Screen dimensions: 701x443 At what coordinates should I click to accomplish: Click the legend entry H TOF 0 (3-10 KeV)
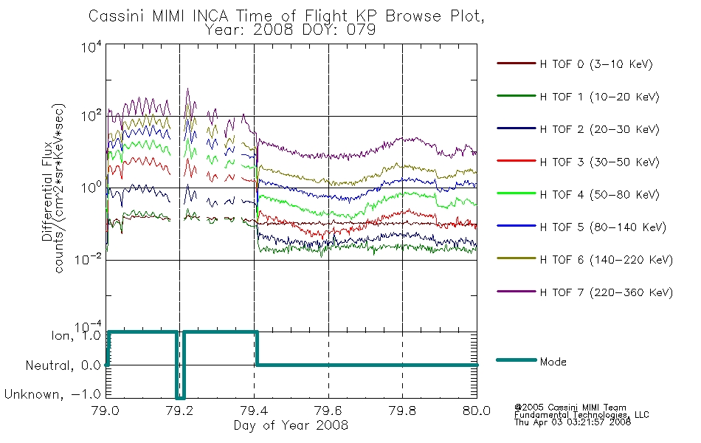(x=596, y=64)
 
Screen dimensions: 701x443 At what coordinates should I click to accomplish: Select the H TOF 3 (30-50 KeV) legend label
(x=599, y=162)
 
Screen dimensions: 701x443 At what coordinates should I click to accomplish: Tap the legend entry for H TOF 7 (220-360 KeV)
(x=607, y=292)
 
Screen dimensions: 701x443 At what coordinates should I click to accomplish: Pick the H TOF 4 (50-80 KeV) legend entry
(x=599, y=195)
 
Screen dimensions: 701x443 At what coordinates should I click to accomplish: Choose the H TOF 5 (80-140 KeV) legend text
(x=603, y=227)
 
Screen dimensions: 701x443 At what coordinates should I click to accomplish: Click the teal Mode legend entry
(x=553, y=362)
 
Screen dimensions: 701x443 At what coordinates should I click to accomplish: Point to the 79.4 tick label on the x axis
(x=255, y=411)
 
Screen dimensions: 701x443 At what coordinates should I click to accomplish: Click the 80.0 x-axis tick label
(x=477, y=411)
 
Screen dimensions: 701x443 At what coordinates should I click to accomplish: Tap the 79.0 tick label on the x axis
(x=106, y=411)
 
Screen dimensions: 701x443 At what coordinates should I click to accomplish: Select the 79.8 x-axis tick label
(x=402, y=411)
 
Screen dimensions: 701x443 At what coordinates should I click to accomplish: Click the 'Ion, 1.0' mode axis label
(x=76, y=336)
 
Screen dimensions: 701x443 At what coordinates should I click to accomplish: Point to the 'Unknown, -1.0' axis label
(x=52, y=394)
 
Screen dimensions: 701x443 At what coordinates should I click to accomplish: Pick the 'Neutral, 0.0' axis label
(x=63, y=365)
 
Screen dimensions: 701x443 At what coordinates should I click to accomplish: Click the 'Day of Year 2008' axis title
(x=291, y=425)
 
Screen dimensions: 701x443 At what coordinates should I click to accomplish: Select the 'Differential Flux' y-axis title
(x=47, y=191)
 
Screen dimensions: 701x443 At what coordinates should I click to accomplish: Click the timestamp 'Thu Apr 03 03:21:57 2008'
(x=573, y=422)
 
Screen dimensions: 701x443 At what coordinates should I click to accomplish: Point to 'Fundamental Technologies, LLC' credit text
(x=581, y=415)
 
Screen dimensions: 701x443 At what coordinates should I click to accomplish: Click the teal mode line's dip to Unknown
(x=180, y=397)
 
